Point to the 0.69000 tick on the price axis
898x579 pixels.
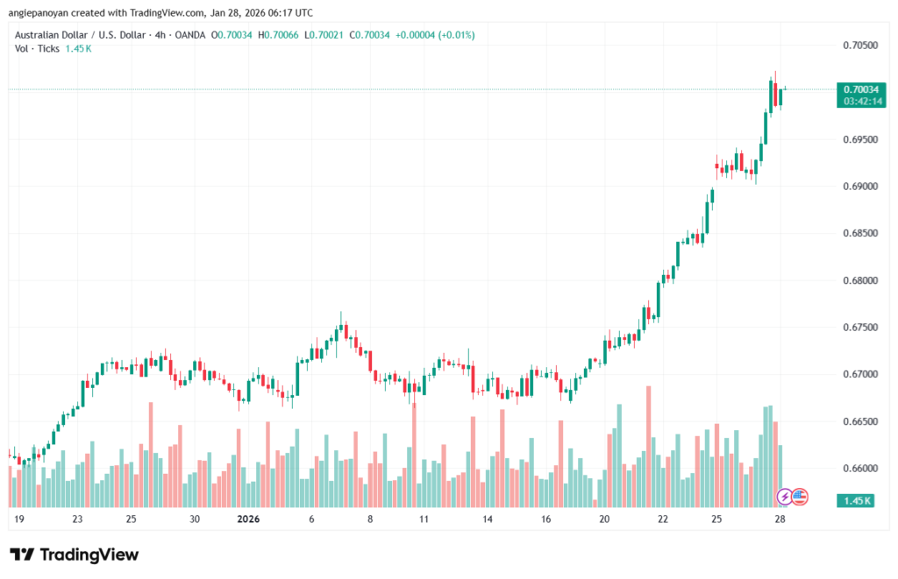pos(861,187)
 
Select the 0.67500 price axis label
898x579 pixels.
pos(861,327)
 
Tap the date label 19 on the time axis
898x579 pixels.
pos(19,519)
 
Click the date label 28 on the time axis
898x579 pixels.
pos(780,519)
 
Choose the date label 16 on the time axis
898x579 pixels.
pos(546,519)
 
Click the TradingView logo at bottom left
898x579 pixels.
pos(74,554)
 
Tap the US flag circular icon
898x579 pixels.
pos(799,497)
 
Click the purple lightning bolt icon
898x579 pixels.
pos(785,497)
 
